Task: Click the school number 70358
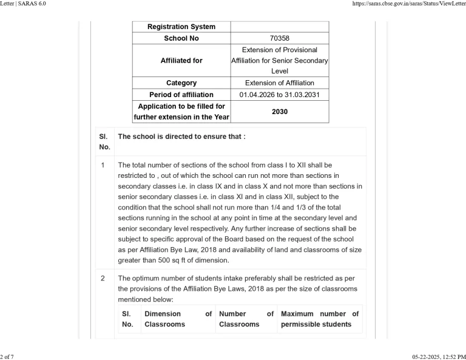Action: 279,38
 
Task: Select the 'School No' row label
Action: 181,38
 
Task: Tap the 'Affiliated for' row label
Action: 181,61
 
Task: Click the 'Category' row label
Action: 181,83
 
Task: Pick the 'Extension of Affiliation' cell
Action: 279,83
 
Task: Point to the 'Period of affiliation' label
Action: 181,95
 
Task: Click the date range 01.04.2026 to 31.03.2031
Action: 279,95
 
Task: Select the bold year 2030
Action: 279,112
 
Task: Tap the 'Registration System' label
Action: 181,27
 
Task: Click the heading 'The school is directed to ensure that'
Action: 181,137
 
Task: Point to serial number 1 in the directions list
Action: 103,165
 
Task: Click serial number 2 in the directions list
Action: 103,278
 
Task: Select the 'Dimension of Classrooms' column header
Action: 178,319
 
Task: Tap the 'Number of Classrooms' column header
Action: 246,319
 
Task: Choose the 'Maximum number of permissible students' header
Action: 319,319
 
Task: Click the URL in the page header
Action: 408,4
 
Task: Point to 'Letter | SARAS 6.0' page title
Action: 23,4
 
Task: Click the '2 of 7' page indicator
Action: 8,356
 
